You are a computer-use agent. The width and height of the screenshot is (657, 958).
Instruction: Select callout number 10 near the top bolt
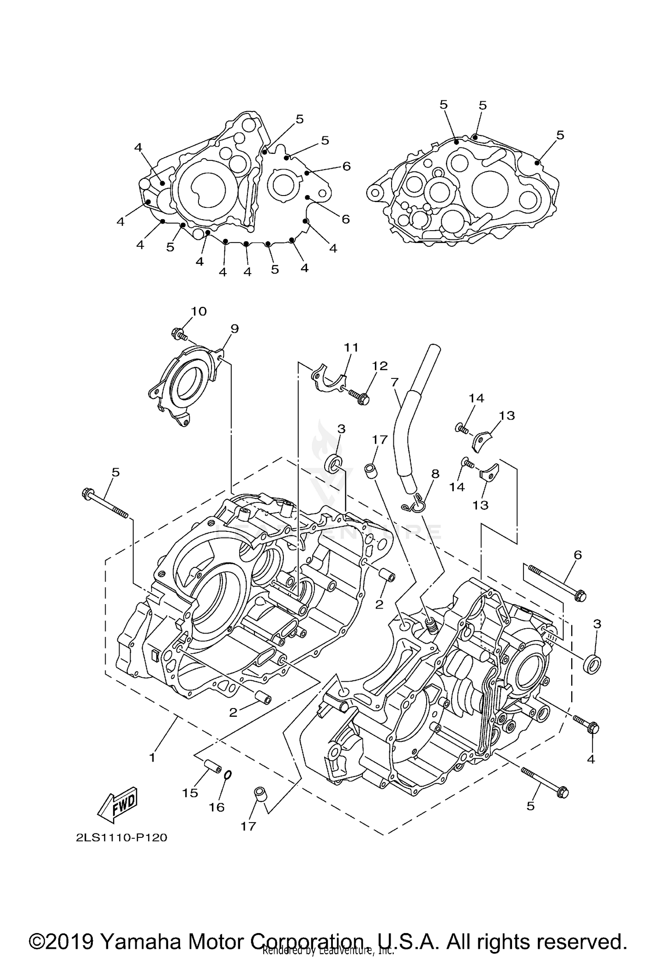[x=198, y=311]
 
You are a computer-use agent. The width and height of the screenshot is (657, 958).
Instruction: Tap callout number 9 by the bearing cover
[x=234, y=328]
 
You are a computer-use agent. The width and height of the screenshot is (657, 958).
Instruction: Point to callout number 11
[x=351, y=347]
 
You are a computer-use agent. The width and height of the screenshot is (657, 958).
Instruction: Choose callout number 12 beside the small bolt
[x=380, y=366]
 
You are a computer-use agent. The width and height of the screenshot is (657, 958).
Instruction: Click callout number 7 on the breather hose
[x=395, y=382]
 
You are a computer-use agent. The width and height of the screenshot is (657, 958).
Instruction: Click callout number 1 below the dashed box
[x=152, y=758]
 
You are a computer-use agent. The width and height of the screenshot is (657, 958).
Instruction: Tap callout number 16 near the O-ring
[x=216, y=807]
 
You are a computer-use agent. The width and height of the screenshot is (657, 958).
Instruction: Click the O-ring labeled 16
[x=227, y=775]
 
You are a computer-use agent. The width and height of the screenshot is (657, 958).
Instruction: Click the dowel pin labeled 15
[x=212, y=767]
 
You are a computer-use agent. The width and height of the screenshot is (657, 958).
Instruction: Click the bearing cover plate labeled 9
[x=186, y=381]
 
